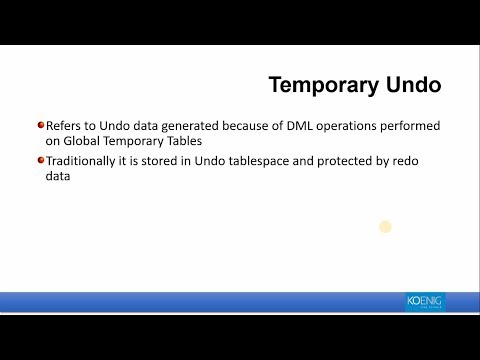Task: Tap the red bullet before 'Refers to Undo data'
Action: [41, 125]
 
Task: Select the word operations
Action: [357, 126]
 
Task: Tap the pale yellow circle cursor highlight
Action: [385, 227]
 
